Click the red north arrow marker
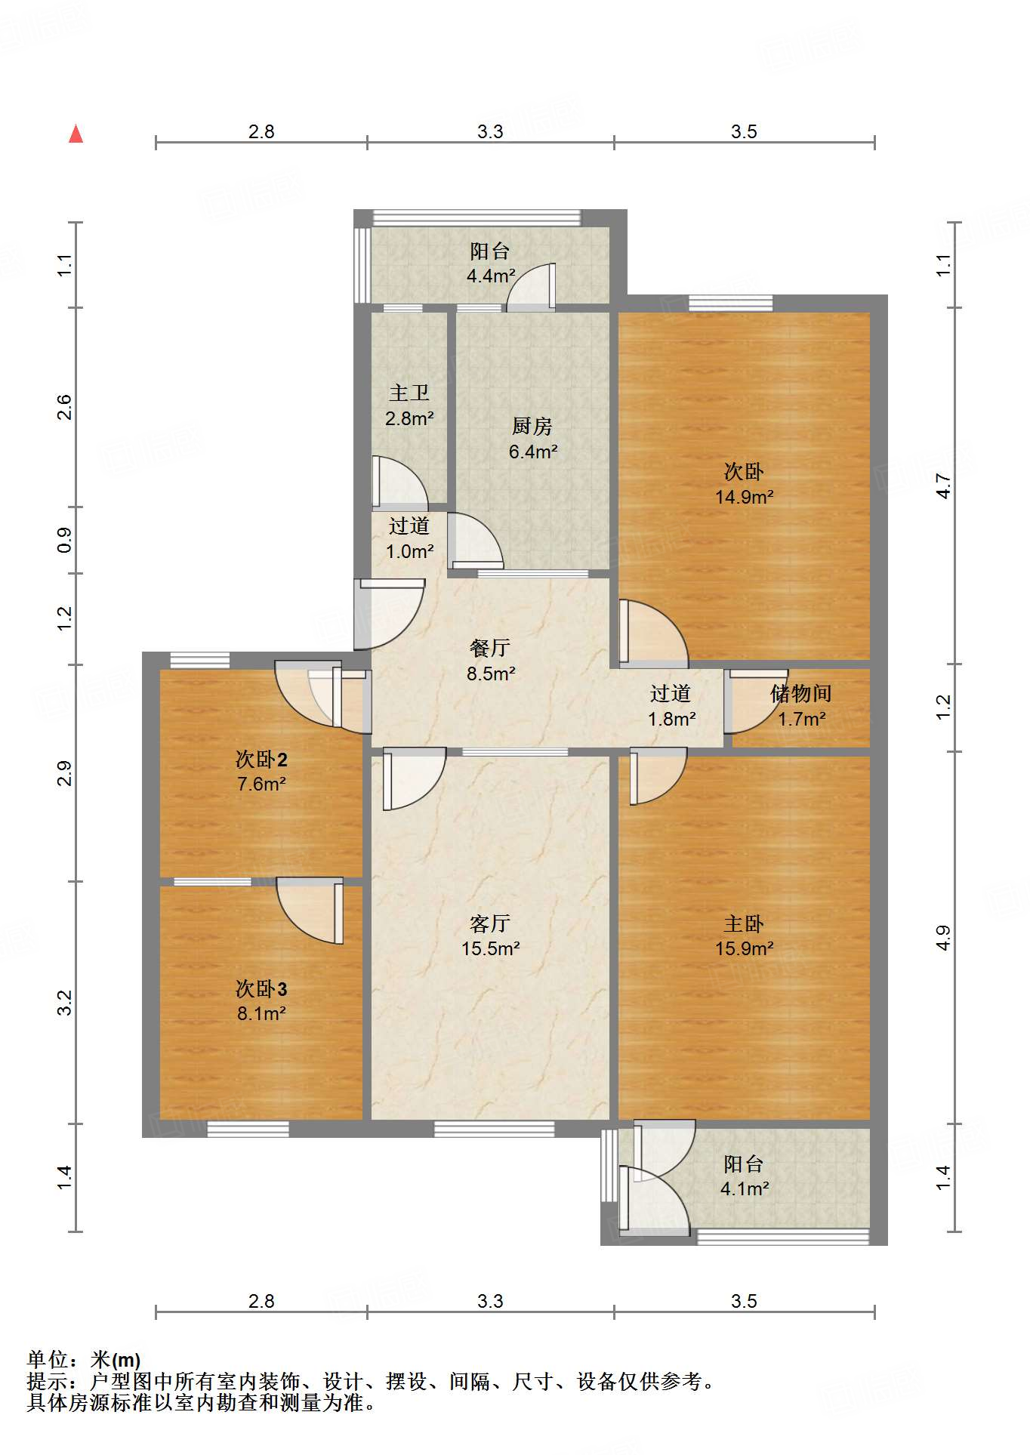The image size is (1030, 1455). pyautogui.click(x=76, y=134)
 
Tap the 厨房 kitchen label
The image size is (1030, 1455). pyautogui.click(x=532, y=427)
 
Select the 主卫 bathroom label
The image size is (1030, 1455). pyautogui.click(x=409, y=393)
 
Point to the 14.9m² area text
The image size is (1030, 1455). pyautogui.click(x=745, y=497)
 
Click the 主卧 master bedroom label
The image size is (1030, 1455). pyautogui.click(x=745, y=923)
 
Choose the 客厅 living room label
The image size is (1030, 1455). pyautogui.click(x=490, y=923)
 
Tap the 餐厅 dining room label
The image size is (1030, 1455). pyautogui.click(x=490, y=648)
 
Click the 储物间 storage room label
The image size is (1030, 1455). pyautogui.click(x=801, y=693)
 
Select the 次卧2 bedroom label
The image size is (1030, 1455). pyautogui.click(x=261, y=759)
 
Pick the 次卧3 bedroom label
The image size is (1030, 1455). pyautogui.click(x=261, y=988)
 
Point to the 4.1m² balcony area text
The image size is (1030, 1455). pyautogui.click(x=745, y=1189)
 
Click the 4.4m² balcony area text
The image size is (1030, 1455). pyautogui.click(x=491, y=276)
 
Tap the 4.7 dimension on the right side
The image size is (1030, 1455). pyautogui.click(x=944, y=486)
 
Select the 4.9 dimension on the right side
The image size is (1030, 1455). pyautogui.click(x=944, y=938)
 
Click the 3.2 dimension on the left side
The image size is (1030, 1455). pyautogui.click(x=65, y=1003)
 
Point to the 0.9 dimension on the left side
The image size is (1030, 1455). pyautogui.click(x=65, y=540)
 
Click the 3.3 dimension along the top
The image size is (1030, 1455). pyautogui.click(x=490, y=131)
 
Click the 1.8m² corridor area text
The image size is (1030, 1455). pyautogui.click(x=672, y=719)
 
